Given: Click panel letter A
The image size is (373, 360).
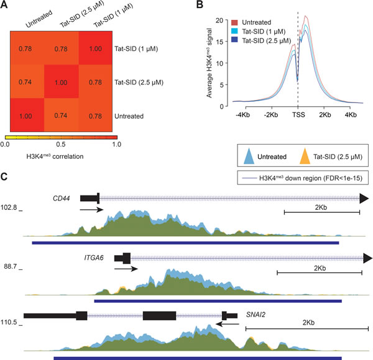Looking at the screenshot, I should click(6, 6).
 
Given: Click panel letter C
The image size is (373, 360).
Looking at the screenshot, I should click(6, 178).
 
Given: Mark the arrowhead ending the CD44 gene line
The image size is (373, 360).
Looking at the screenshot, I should click(366, 198).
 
